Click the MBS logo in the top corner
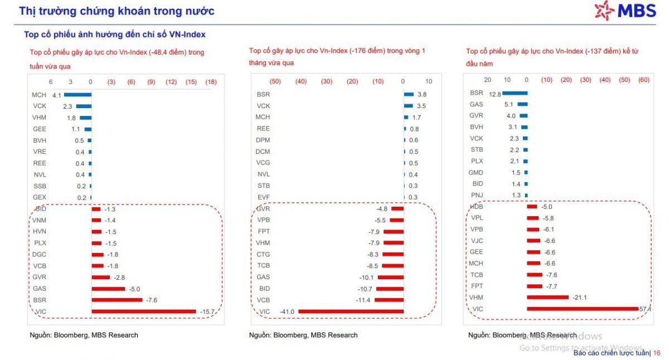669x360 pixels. (x=625, y=10)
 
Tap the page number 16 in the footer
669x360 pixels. (x=656, y=353)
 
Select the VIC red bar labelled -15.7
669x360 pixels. (x=144, y=312)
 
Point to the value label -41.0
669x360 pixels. (x=288, y=312)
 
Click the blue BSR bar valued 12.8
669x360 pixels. (x=508, y=93)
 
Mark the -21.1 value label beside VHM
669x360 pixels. (x=580, y=298)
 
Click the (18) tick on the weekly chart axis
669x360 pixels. (x=211, y=82)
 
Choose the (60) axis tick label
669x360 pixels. (x=643, y=80)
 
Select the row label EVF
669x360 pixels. (x=263, y=197)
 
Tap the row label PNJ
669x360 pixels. (x=477, y=195)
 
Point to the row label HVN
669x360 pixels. (x=39, y=231)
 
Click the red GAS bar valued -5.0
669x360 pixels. (x=108, y=289)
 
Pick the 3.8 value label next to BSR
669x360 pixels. (x=422, y=95)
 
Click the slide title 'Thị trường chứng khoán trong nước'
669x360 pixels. (x=117, y=11)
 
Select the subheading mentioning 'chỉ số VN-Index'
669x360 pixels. (x=115, y=35)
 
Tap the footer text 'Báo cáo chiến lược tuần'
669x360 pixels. (x=611, y=353)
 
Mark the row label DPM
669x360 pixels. (x=263, y=140)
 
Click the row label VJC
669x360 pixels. (x=477, y=241)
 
